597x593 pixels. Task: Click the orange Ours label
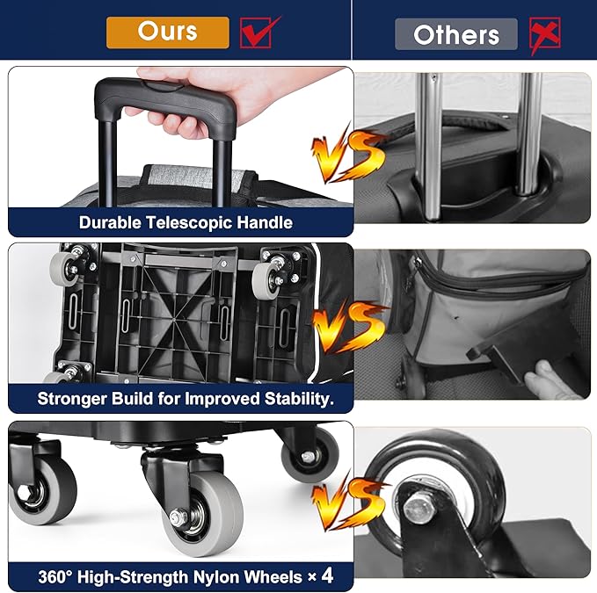(168, 33)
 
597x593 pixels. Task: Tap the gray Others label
(456, 34)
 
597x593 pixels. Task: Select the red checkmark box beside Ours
(259, 33)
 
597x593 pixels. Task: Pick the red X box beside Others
(545, 35)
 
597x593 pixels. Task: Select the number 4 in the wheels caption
(327, 575)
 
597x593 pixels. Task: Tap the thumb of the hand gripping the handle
(146, 74)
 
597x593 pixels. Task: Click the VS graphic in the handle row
(347, 154)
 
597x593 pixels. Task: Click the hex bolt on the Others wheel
(418, 507)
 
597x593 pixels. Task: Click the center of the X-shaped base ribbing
(174, 320)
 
